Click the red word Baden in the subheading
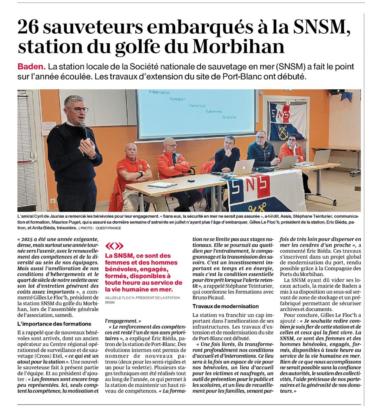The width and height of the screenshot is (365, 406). tap(32, 66)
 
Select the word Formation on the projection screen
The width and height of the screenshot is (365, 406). tap(177, 99)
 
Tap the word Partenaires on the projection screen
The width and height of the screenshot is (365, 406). tap(229, 117)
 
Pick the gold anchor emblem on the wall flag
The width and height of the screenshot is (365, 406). tap(283, 130)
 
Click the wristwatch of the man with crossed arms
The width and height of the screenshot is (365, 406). tap(141, 173)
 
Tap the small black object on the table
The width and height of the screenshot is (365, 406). tap(191, 181)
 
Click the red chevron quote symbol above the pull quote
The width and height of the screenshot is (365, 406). tap(114, 246)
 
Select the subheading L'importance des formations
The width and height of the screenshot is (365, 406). tap(54, 324)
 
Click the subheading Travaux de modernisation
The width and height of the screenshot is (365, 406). tap(225, 306)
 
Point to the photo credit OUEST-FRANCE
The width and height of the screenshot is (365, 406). tap(108, 228)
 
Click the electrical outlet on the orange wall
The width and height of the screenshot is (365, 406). tap(52, 201)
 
